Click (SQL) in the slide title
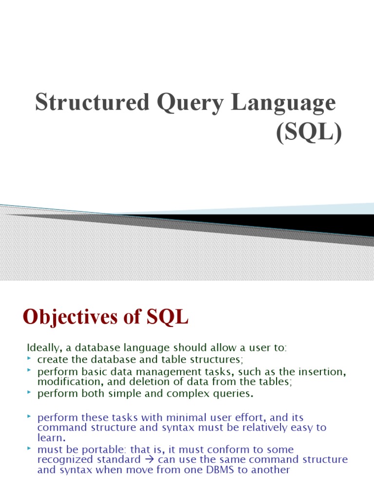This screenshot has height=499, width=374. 309,133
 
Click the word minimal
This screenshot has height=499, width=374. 192,418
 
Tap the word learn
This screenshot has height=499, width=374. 50,438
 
